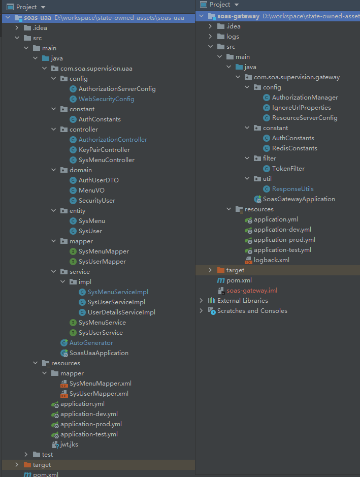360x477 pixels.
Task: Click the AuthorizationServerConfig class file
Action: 117,89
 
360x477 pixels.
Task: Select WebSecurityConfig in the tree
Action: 106,99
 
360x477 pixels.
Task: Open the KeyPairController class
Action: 104,150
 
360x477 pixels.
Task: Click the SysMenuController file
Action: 106,160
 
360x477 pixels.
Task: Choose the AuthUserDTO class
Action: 99,180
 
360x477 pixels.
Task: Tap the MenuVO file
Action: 91,190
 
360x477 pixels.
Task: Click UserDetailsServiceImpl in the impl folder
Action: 121,312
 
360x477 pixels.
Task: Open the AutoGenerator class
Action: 91,343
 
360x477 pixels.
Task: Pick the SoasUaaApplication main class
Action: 99,353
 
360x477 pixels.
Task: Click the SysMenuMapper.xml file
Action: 100,384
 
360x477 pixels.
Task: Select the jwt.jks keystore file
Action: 69,444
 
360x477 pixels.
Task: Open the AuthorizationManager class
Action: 305,98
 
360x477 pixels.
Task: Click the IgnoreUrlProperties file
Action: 301,108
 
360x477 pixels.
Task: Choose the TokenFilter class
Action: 288,169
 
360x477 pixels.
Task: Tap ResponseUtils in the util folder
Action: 292,189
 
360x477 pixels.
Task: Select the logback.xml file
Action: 271,260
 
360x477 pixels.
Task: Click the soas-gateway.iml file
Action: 252,291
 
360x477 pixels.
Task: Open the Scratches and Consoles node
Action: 252,311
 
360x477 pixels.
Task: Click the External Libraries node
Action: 242,301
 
